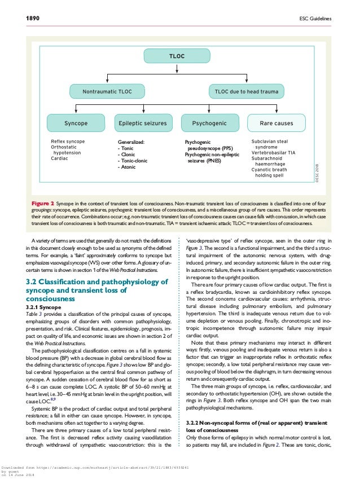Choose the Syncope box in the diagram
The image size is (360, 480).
click(x=76, y=122)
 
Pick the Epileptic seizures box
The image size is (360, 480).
click(x=143, y=122)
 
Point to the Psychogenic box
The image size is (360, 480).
click(x=209, y=122)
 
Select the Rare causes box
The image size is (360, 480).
click(x=276, y=122)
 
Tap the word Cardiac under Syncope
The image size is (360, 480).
click(x=59, y=158)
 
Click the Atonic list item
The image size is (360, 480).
click(x=128, y=168)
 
